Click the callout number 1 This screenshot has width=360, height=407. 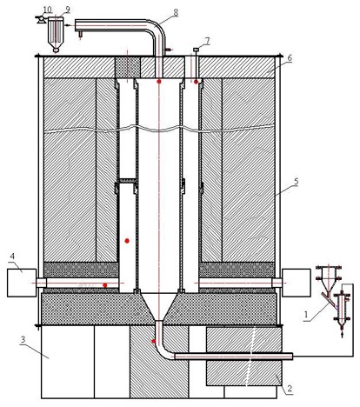point(305,314)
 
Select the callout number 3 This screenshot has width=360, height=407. point(23,340)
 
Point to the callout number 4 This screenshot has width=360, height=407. point(12,256)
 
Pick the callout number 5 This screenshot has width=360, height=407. point(296,182)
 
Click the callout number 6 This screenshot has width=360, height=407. point(290,58)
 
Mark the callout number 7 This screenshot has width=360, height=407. point(207,41)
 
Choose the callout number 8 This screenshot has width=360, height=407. point(176,12)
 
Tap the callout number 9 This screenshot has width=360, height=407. point(68,9)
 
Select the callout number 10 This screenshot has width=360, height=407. point(47,9)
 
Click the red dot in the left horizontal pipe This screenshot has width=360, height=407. point(105,285)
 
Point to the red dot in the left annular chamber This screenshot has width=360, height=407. point(127,241)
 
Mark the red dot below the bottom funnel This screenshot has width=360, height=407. point(154,341)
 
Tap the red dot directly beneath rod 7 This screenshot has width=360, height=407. point(197,82)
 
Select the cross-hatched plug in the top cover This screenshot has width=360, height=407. point(128,67)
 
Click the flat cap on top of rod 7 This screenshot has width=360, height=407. point(197,50)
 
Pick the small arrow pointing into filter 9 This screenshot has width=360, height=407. point(69,25)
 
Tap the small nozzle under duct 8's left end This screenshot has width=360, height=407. point(80,34)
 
